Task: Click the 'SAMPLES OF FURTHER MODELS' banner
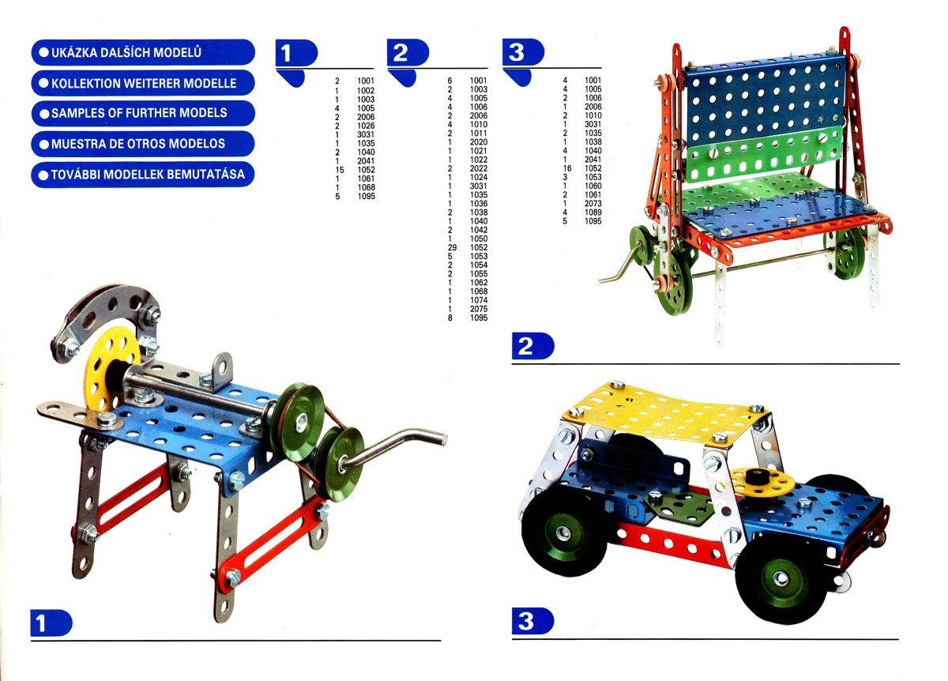[143, 113]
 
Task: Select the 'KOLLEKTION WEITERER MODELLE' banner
[143, 83]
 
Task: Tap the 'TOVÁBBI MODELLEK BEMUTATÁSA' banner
[143, 175]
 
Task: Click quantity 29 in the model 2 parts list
[452, 247]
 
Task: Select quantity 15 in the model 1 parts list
[340, 170]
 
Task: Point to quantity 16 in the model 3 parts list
[567, 168]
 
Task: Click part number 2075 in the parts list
[479, 309]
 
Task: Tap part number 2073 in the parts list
[593, 204]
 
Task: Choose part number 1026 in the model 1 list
[366, 126]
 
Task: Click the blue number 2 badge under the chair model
[532, 346]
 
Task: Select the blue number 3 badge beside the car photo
[532, 621]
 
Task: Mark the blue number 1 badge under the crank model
[51, 623]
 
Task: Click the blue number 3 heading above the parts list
[523, 52]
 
